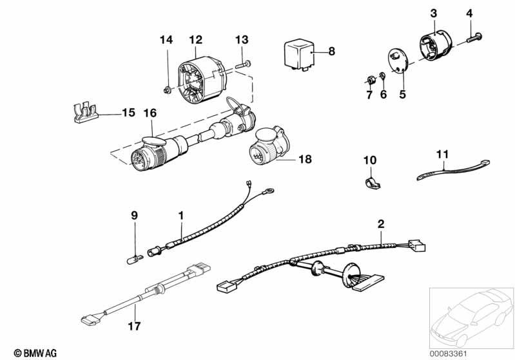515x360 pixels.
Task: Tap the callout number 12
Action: (x=196, y=40)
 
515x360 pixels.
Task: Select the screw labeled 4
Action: (x=474, y=37)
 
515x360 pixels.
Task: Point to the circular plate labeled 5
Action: (x=398, y=61)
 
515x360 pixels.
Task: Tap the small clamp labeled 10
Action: (x=373, y=184)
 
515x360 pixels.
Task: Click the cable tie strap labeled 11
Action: (x=453, y=170)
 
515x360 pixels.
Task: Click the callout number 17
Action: (x=134, y=327)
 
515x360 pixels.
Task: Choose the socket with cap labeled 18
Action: (x=269, y=146)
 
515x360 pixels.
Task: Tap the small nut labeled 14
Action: (x=167, y=90)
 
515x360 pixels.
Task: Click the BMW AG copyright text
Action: (x=35, y=353)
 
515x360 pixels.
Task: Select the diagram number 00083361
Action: (x=449, y=354)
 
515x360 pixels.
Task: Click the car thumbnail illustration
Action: (x=471, y=317)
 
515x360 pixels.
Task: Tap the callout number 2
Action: (x=381, y=224)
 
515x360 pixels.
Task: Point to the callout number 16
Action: (x=150, y=113)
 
